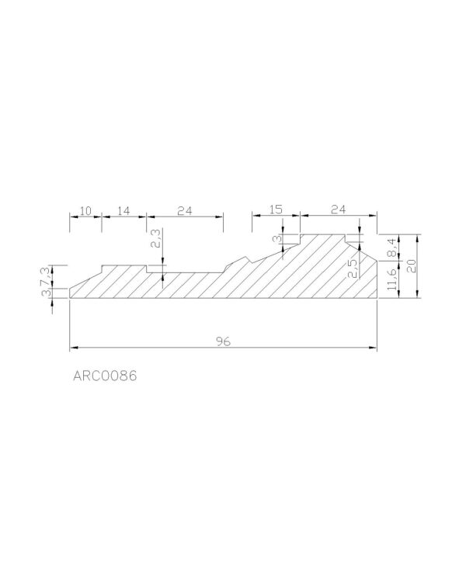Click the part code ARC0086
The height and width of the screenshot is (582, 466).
(x=105, y=376)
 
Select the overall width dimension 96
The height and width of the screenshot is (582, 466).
(x=223, y=341)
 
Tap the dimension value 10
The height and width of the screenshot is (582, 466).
(x=86, y=211)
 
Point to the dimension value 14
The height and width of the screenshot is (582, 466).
(x=123, y=211)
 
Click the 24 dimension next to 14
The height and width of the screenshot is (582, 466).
(x=185, y=211)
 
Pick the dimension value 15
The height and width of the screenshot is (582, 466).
(x=276, y=210)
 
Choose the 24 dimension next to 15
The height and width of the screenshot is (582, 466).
(x=339, y=210)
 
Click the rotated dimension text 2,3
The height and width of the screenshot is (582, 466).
(x=155, y=238)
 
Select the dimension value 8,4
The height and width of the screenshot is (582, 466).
(x=392, y=248)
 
